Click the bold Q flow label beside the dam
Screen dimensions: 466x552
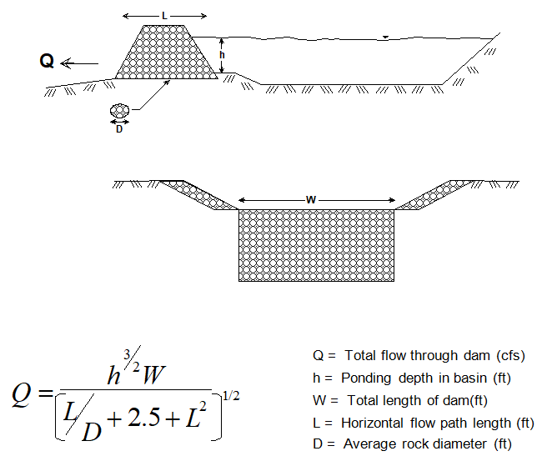click(x=48, y=61)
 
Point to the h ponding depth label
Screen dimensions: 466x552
click(x=222, y=54)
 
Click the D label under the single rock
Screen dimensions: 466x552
click(x=120, y=129)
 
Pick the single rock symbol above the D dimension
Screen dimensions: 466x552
click(x=120, y=110)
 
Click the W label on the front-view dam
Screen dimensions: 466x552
click(x=311, y=200)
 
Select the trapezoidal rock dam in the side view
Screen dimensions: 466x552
click(x=165, y=53)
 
